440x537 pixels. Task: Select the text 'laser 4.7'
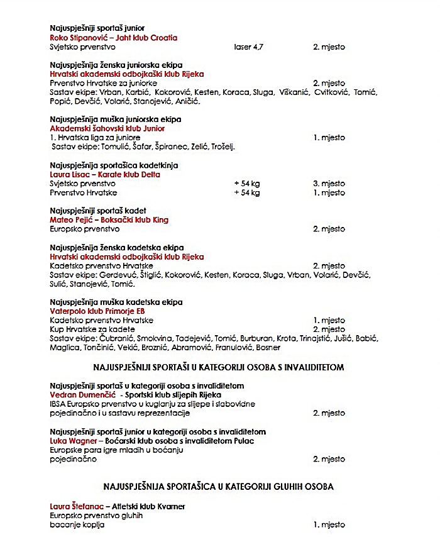click(x=247, y=47)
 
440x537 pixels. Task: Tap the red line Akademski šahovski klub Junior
click(x=107, y=128)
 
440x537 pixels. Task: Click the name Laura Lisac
click(x=68, y=174)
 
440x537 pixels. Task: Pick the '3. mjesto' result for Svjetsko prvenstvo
click(x=329, y=184)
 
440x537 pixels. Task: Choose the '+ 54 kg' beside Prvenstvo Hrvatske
click(x=247, y=192)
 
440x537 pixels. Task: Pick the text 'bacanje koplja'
click(x=77, y=524)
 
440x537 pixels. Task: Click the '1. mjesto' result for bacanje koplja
click(x=329, y=524)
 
